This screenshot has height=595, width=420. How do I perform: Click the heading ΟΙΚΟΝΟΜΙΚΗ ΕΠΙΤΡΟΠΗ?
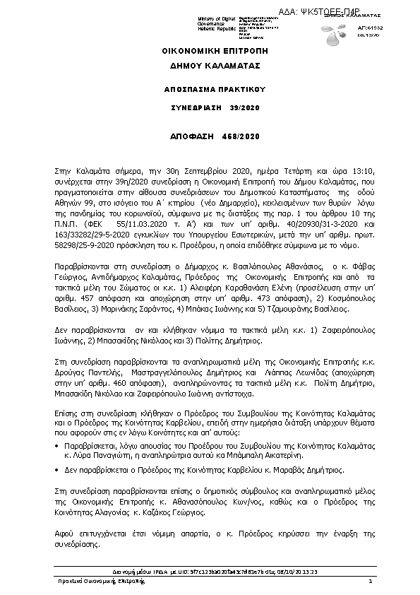[210, 52]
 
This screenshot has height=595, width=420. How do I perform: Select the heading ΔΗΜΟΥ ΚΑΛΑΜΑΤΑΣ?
[210, 65]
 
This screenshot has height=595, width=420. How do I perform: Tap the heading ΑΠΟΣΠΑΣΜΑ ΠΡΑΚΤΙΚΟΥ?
[210, 91]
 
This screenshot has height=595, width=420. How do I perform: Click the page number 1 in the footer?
[369, 581]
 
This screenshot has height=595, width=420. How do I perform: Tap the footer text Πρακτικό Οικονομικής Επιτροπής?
[102, 581]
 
